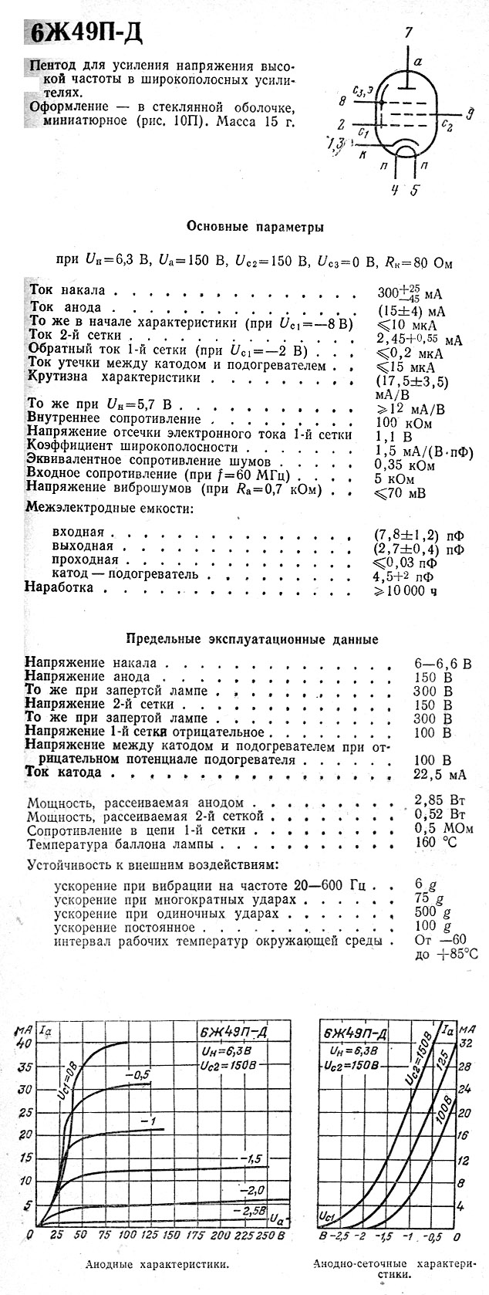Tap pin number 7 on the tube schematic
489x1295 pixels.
(409, 32)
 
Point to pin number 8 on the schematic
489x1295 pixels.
(342, 101)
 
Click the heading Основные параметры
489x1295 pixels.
(255, 227)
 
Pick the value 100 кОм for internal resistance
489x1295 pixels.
(403, 422)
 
